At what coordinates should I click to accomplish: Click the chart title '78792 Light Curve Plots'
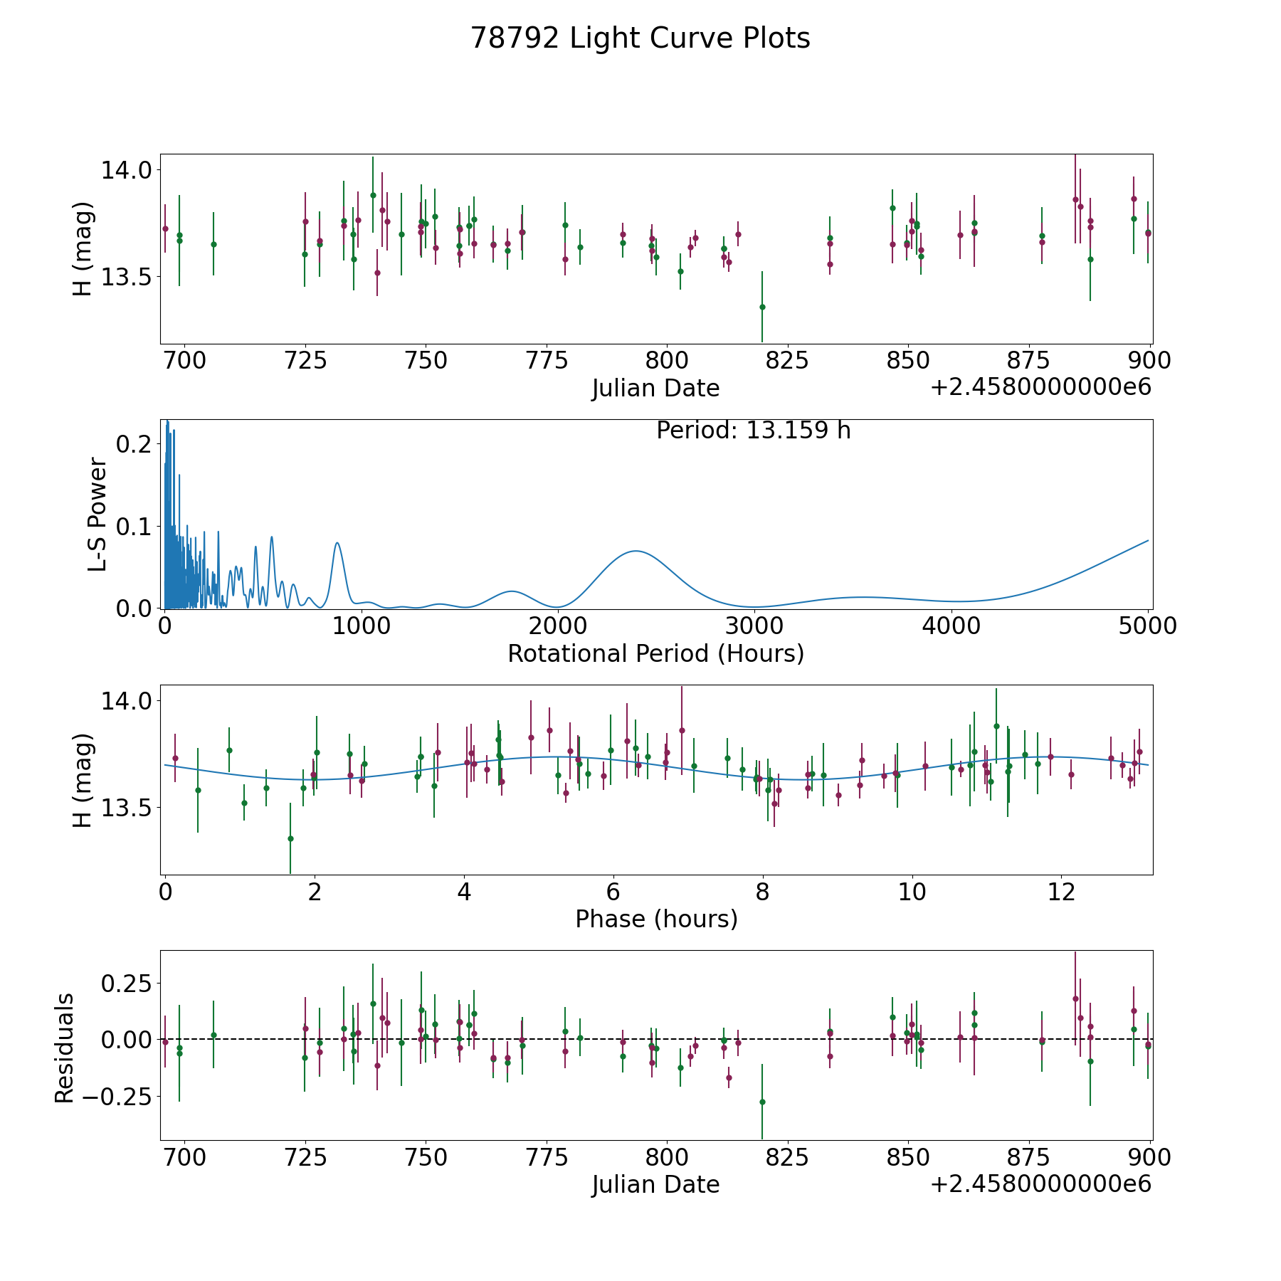640,38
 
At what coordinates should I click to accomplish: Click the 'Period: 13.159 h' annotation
754,431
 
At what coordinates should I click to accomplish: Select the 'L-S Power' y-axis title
97,515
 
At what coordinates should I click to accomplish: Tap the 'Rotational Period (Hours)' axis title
656,653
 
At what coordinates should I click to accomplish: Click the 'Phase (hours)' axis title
656,919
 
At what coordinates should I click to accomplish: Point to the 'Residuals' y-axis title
64,1048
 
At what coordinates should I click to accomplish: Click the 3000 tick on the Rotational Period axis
754,626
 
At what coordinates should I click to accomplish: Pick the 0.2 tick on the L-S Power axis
134,444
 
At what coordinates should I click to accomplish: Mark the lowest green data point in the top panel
762,307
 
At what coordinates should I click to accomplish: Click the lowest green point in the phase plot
290,838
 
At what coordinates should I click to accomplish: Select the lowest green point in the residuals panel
762,1102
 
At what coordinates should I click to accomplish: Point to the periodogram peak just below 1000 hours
337,543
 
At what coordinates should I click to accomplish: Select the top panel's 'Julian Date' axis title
656,389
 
